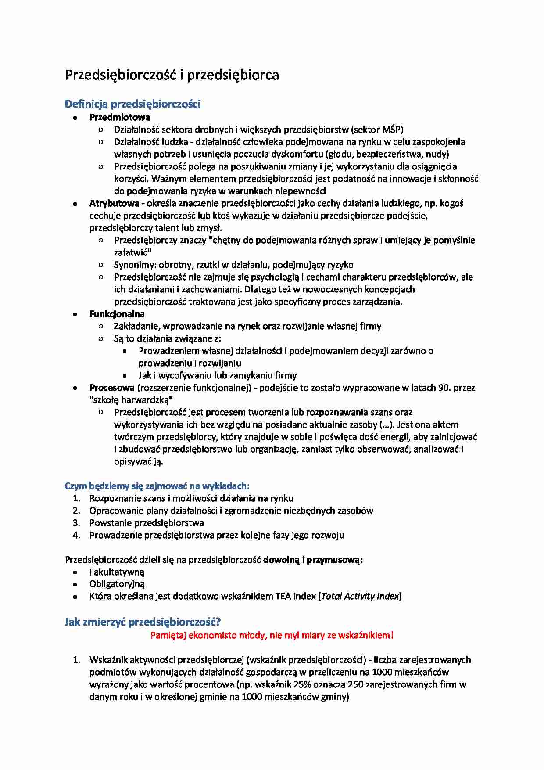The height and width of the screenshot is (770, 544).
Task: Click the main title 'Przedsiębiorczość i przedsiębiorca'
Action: (172, 75)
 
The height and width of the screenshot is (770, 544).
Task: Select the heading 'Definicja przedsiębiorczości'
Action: (132, 104)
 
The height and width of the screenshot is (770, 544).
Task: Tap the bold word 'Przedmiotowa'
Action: (119, 117)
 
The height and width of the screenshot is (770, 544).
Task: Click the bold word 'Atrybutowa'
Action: (114, 203)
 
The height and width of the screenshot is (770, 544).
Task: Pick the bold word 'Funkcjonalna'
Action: (117, 314)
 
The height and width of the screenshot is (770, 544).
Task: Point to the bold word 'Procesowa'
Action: (112, 388)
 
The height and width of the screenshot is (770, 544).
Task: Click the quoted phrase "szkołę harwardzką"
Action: (131, 400)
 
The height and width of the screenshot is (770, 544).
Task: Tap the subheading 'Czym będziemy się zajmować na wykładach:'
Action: (157, 486)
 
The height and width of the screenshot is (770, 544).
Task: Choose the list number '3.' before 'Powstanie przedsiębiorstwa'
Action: (77, 523)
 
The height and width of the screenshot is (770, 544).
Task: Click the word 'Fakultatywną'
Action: (117, 572)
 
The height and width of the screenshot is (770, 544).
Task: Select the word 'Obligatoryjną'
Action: (117, 584)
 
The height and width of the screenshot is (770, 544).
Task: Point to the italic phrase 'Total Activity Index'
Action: (360, 596)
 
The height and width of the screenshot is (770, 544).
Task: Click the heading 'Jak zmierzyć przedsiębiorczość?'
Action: (143, 622)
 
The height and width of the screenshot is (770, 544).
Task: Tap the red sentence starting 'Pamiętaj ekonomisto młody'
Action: (272, 635)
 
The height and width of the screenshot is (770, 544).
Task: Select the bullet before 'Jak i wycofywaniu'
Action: (125, 376)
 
